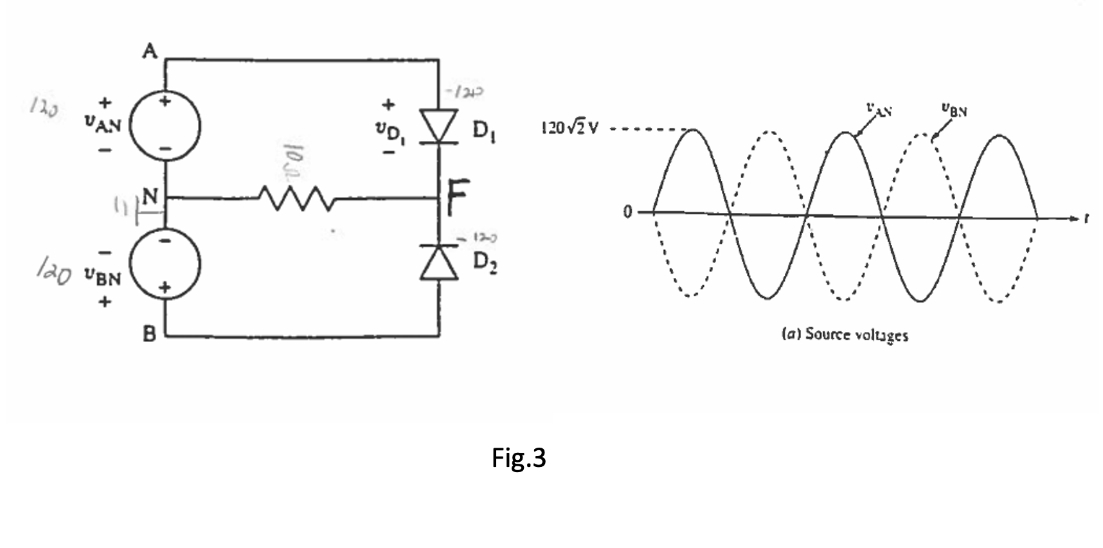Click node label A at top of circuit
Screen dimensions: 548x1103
point(149,51)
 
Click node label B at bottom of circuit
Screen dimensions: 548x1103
point(149,334)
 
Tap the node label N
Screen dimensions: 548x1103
point(150,197)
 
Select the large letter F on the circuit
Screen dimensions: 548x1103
point(457,199)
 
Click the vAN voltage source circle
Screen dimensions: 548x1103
point(165,125)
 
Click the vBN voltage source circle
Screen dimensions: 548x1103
point(165,264)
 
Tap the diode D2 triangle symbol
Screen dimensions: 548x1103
point(440,263)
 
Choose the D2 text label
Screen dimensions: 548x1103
point(485,262)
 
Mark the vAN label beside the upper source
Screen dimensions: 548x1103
point(103,123)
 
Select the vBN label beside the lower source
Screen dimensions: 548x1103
point(103,277)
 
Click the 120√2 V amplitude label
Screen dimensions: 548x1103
point(569,128)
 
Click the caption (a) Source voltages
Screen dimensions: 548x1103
point(845,334)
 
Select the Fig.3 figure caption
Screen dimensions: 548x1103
point(518,457)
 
